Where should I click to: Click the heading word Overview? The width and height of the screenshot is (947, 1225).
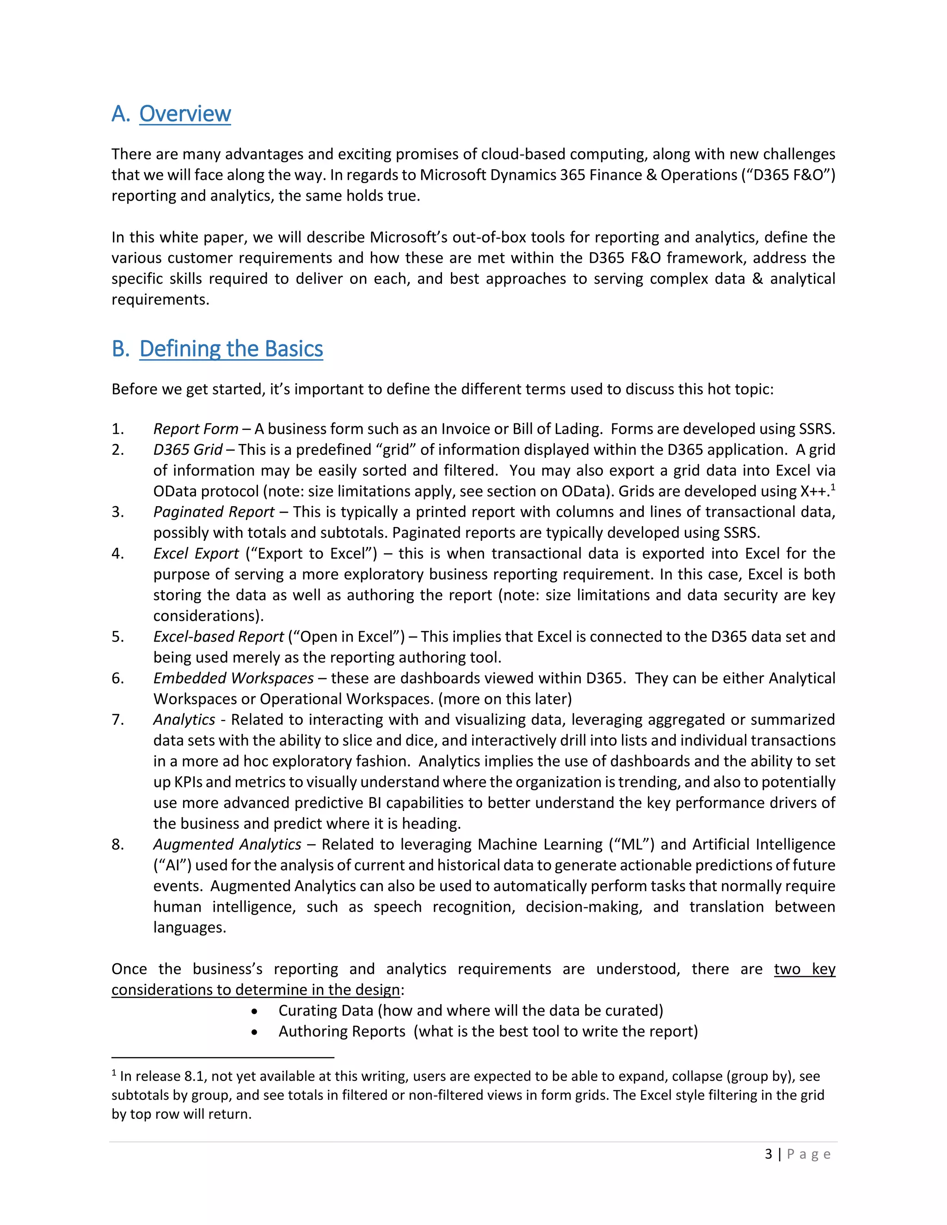coord(184,114)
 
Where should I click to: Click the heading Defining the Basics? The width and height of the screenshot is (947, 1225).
coord(231,349)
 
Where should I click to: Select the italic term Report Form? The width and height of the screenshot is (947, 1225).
coord(196,429)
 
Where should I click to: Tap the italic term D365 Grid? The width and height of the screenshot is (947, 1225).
coord(188,450)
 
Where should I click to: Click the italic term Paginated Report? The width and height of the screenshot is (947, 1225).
coord(214,512)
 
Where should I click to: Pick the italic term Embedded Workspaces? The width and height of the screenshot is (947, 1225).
coord(234,678)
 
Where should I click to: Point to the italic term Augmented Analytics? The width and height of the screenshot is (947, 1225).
coord(227,844)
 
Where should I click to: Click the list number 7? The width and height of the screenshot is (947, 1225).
coord(118,720)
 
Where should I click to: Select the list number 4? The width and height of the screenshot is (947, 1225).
coord(118,554)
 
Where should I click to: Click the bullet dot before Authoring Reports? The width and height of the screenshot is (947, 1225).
coord(255,1032)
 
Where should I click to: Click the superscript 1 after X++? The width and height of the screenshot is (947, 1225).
coord(833,487)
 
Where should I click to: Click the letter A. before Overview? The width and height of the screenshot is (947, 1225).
coord(120,114)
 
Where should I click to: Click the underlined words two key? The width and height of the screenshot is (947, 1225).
coord(805,969)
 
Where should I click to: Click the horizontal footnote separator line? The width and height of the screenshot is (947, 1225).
coord(223,1057)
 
